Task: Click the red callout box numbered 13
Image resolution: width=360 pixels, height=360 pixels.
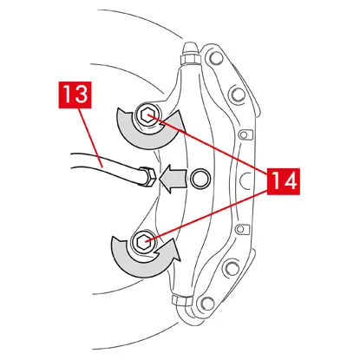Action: coord(75,95)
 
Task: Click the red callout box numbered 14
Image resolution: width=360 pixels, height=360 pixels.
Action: coord(284,181)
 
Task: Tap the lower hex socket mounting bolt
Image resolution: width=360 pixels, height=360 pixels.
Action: coord(143,243)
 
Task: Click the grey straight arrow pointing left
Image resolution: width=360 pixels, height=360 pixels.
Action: coord(173,180)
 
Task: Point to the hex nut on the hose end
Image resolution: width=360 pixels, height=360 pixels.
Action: coord(148,176)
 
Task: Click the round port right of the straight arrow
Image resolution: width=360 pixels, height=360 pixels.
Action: coord(200,180)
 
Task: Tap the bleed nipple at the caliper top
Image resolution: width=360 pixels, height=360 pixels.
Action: coord(189,54)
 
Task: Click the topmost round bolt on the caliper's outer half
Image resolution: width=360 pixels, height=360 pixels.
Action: coord(215,58)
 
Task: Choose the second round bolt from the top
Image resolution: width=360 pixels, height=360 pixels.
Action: coord(238,94)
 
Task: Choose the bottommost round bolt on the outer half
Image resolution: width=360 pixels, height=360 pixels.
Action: coord(208,304)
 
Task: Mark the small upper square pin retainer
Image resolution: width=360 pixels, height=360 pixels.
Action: coord(245,134)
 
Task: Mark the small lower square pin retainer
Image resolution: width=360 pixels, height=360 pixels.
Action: coord(240,229)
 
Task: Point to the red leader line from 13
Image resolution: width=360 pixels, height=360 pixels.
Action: coord(90,137)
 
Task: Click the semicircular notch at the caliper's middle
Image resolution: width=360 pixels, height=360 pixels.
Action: coord(240,180)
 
